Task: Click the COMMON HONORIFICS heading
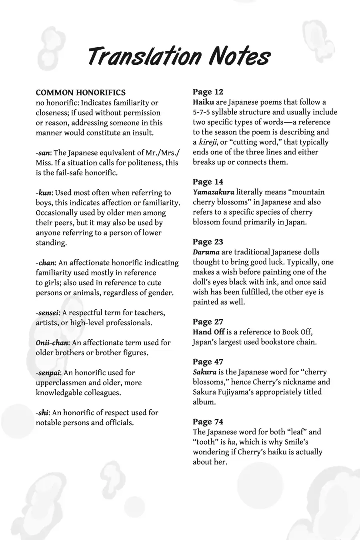tap(80, 93)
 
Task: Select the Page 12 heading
tap(208, 92)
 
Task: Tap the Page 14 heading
tap(208, 182)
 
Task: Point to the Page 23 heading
tap(208, 242)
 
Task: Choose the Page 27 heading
tap(208, 322)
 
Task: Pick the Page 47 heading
tap(208, 362)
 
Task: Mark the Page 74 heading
tap(208, 422)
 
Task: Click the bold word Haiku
tap(203, 102)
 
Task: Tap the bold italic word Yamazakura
tap(213, 192)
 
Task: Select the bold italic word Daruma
tap(206, 252)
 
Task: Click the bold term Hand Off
tap(208, 332)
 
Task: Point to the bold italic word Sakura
tap(204, 372)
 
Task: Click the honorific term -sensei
tap(47, 313)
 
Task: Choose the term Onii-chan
tap(52, 343)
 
